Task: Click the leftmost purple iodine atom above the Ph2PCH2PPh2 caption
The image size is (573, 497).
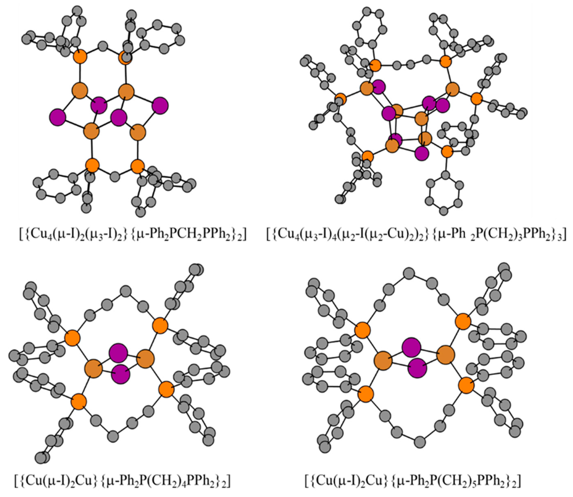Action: point(58,117)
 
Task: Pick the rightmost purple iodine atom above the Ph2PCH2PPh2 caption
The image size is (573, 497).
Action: point(160,106)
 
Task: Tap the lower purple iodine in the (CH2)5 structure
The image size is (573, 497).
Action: point(417,368)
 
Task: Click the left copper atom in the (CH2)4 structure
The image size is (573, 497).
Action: point(94,369)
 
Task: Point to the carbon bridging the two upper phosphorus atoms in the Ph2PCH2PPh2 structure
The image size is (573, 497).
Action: point(103,46)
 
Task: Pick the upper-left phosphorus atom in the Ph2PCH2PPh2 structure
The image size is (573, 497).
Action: point(80,57)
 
